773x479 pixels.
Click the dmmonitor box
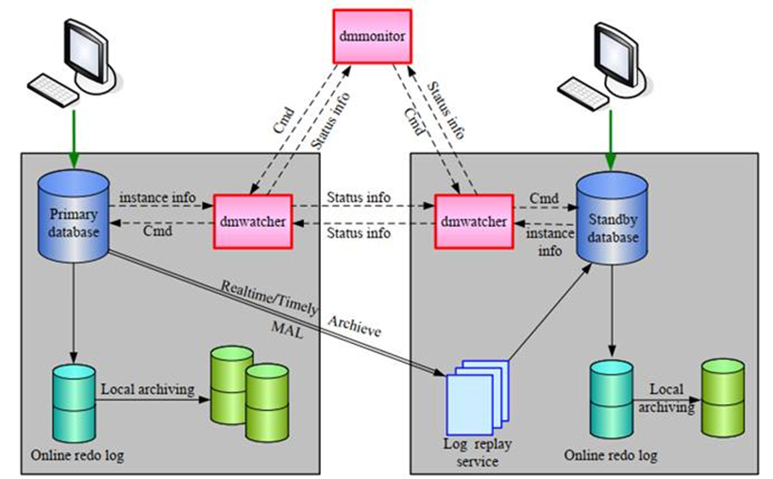[x=372, y=36]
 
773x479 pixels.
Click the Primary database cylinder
[x=71, y=219]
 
